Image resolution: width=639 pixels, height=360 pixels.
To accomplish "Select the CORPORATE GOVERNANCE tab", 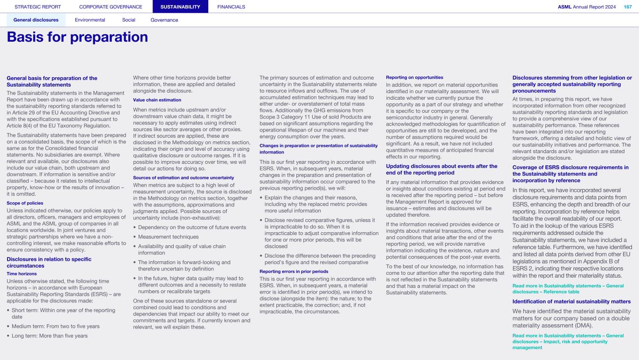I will click(x=110, y=7).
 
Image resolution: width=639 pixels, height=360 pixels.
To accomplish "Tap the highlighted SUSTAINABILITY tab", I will click(x=180, y=7).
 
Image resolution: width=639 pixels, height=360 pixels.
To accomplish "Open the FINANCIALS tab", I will click(x=231, y=7).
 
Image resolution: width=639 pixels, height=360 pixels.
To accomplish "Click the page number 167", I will click(x=627, y=7).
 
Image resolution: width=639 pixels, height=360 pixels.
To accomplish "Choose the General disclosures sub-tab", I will click(x=36, y=20).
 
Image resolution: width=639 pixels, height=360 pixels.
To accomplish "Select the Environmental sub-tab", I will click(x=90, y=20).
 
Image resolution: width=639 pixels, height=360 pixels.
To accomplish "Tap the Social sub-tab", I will click(x=129, y=20).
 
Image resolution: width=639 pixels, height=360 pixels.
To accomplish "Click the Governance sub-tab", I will click(x=164, y=20).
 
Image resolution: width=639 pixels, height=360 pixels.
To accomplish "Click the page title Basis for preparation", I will click(x=77, y=37).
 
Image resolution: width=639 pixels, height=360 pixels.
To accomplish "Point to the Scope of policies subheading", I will click(x=25, y=203).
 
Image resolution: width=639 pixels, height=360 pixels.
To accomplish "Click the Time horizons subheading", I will click(x=21, y=273).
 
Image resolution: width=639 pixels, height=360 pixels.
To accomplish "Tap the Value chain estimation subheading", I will click(x=157, y=100).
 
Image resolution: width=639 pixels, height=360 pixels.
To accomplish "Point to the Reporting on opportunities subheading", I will click(x=414, y=77).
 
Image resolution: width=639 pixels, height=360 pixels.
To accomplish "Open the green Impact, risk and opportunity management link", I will click(x=568, y=342).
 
